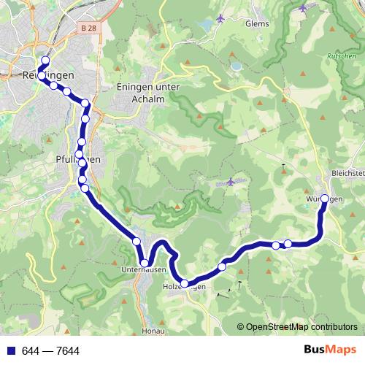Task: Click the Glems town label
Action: click(x=258, y=23)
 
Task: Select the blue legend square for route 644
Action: click(x=10, y=351)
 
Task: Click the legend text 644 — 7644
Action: click(x=51, y=351)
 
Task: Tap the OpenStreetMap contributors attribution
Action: click(x=301, y=327)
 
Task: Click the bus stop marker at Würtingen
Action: click(x=325, y=198)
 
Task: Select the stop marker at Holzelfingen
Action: click(x=185, y=283)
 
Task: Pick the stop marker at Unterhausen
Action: click(x=145, y=263)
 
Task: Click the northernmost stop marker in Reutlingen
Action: click(x=45, y=61)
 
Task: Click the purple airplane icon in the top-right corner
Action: click(x=303, y=8)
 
